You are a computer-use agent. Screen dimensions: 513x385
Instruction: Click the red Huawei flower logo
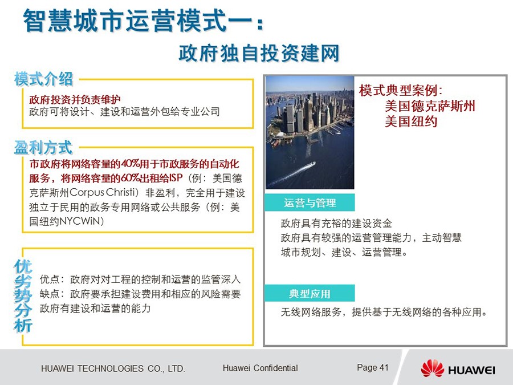tap(433, 368)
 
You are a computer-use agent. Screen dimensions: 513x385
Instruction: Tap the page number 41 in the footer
tap(384, 368)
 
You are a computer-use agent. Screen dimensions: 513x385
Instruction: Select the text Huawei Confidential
tap(260, 368)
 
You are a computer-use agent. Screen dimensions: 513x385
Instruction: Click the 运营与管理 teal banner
tap(310, 202)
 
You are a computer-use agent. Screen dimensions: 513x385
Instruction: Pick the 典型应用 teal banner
tap(310, 293)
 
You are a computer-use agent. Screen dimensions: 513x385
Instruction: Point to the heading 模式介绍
tap(43, 79)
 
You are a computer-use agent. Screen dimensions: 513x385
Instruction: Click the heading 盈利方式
tap(43, 147)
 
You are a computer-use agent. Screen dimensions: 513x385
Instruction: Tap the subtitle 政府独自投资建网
tap(259, 53)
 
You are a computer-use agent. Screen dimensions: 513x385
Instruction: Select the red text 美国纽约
tap(411, 121)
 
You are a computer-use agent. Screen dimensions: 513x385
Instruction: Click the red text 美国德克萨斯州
tap(430, 106)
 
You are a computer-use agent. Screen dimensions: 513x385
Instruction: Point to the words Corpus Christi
tap(102, 192)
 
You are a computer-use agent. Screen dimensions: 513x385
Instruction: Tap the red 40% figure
tap(131, 163)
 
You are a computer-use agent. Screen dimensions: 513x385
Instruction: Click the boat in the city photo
tap(310, 165)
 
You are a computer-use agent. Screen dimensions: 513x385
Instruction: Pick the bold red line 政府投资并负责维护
tap(75, 99)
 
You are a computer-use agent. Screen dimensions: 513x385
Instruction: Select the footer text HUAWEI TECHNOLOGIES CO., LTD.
tap(113, 368)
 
